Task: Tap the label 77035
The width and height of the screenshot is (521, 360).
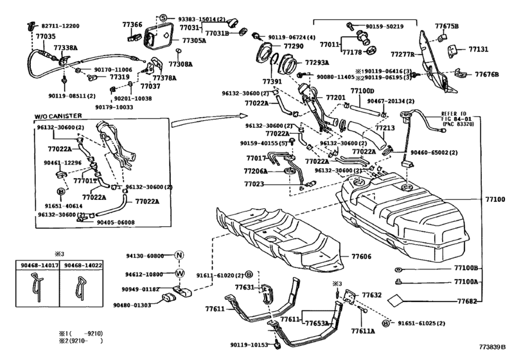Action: pyautogui.click(x=44, y=37)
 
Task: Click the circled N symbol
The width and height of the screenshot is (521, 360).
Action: pyautogui.click(x=179, y=255)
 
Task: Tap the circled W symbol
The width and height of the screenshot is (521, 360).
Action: pyautogui.click(x=179, y=273)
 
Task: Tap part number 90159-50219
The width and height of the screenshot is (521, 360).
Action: pyautogui.click(x=384, y=26)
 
